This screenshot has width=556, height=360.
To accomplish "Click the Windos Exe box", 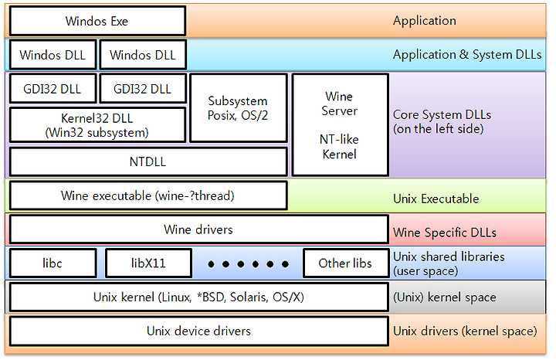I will click(x=97, y=21).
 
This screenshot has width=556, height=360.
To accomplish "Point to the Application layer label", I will click(x=424, y=21).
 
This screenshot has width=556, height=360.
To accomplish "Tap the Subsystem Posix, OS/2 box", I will click(x=238, y=108).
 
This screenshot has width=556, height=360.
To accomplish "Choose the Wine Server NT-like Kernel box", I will click(x=339, y=125).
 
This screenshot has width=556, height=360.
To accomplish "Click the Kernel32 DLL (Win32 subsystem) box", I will click(x=97, y=124).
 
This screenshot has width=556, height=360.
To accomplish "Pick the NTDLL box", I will click(x=147, y=162).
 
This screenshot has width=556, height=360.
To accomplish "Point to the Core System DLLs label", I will click(x=442, y=121).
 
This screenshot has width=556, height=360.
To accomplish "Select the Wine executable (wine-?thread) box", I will click(x=147, y=196).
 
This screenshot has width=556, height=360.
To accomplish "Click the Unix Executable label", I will click(x=436, y=199).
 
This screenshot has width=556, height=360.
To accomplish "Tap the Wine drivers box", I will click(x=198, y=229).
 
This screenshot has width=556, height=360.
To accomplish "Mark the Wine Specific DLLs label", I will click(x=444, y=232).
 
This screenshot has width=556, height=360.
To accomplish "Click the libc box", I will click(x=53, y=263).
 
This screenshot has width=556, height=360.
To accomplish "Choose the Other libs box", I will click(x=344, y=263).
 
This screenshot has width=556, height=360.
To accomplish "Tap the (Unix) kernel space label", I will click(x=444, y=297).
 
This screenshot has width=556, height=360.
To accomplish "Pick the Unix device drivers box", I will click(x=198, y=331).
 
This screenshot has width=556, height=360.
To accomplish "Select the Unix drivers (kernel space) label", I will click(x=464, y=331).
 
